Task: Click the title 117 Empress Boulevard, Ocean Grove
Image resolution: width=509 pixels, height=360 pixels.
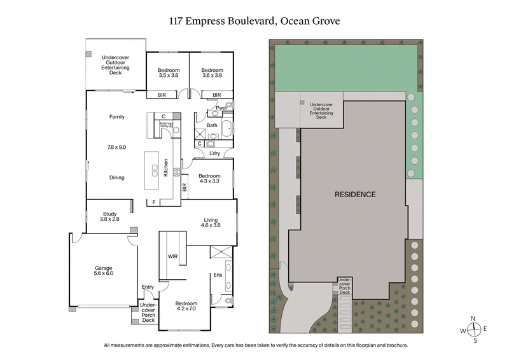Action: (x=254, y=20)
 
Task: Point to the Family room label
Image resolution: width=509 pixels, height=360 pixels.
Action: (x=116, y=117)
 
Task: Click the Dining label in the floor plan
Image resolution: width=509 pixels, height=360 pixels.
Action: (x=116, y=178)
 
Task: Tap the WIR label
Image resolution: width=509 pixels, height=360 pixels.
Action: (x=172, y=257)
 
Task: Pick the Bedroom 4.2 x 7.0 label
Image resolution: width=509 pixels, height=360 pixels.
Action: (x=186, y=307)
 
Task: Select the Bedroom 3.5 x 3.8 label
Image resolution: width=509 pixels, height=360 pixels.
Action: (x=169, y=73)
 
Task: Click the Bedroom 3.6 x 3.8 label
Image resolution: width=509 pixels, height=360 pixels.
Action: (x=211, y=73)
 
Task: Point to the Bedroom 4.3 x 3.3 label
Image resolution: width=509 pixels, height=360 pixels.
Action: (x=209, y=179)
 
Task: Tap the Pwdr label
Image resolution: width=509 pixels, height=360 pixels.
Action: (x=221, y=108)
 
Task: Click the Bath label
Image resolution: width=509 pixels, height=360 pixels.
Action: (x=212, y=125)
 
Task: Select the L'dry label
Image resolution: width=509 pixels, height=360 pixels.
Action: (x=214, y=153)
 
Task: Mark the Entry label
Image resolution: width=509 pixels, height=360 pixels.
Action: (x=148, y=287)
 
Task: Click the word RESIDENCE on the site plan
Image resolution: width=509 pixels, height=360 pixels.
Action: (x=355, y=194)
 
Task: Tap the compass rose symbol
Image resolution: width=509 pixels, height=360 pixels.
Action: (x=474, y=329)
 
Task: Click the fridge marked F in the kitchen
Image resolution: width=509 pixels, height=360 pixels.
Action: (x=153, y=202)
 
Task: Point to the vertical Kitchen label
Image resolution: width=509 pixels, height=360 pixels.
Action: (x=167, y=167)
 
